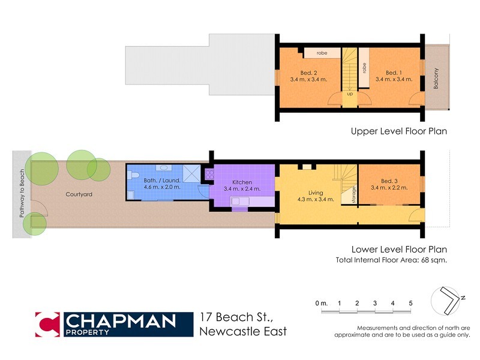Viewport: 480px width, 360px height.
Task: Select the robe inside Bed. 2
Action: [322, 53]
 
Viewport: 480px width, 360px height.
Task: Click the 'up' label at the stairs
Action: [349, 94]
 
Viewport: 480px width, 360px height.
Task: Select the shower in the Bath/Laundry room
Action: [191, 173]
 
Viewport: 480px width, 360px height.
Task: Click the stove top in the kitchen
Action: [209, 173]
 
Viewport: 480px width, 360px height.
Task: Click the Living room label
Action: [307, 193]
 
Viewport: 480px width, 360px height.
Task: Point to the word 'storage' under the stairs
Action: [346, 196]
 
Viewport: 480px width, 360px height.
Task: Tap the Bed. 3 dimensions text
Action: [389, 188]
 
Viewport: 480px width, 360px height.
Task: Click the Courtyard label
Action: [79, 195]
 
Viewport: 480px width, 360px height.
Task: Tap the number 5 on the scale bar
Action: [410, 304]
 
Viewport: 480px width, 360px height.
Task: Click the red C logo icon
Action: [47, 324]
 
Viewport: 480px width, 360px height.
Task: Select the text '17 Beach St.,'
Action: [234, 317]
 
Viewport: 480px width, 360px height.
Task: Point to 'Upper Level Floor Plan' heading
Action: [399, 131]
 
